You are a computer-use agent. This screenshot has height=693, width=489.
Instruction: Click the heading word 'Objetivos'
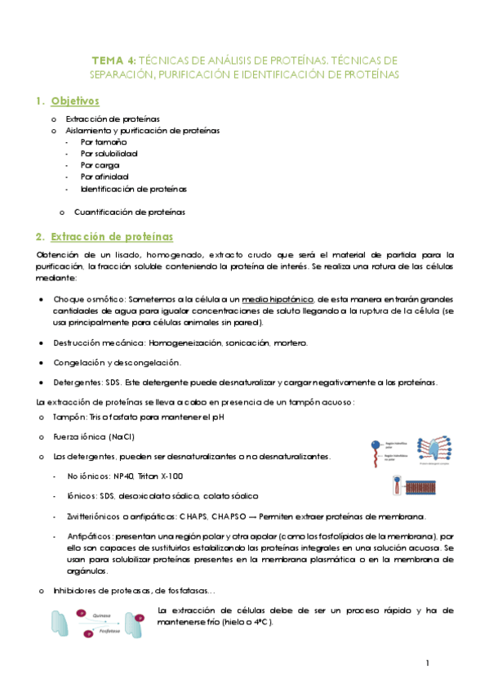(74, 101)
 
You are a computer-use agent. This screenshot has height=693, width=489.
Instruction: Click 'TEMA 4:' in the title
(113, 60)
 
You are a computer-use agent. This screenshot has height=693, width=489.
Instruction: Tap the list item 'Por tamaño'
(104, 141)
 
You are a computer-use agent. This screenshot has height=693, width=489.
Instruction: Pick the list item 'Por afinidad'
(105, 176)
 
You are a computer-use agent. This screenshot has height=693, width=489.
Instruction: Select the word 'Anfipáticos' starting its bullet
(93, 535)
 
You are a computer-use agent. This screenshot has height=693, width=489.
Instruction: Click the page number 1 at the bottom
(427, 663)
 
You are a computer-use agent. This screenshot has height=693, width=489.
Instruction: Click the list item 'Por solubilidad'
(109, 153)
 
